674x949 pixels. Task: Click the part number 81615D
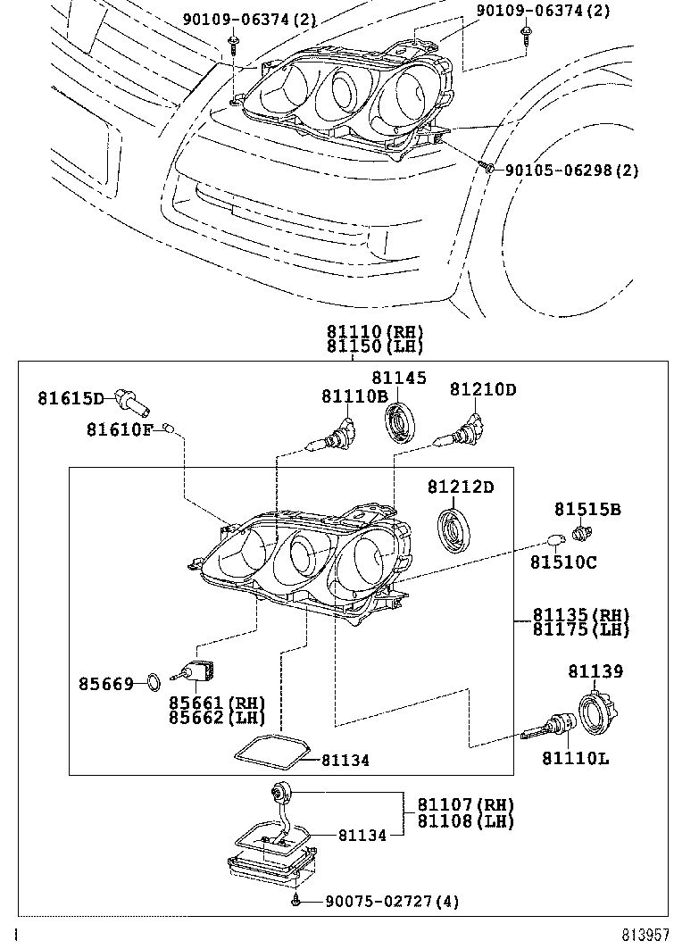[x=71, y=397]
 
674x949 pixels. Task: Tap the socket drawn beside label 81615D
[x=130, y=404]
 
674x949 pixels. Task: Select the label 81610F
[x=120, y=430]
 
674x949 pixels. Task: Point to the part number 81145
[x=399, y=379]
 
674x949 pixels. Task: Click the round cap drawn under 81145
[x=399, y=421]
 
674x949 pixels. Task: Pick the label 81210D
[x=482, y=390]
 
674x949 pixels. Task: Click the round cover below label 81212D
[x=454, y=532]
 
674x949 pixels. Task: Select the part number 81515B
[x=587, y=510]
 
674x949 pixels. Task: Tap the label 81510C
[x=563, y=562]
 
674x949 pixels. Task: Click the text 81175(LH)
[x=581, y=629]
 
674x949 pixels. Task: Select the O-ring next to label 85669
[x=154, y=684]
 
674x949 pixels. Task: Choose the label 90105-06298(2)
[x=571, y=170]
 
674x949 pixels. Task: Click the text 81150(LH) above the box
[x=375, y=346]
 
